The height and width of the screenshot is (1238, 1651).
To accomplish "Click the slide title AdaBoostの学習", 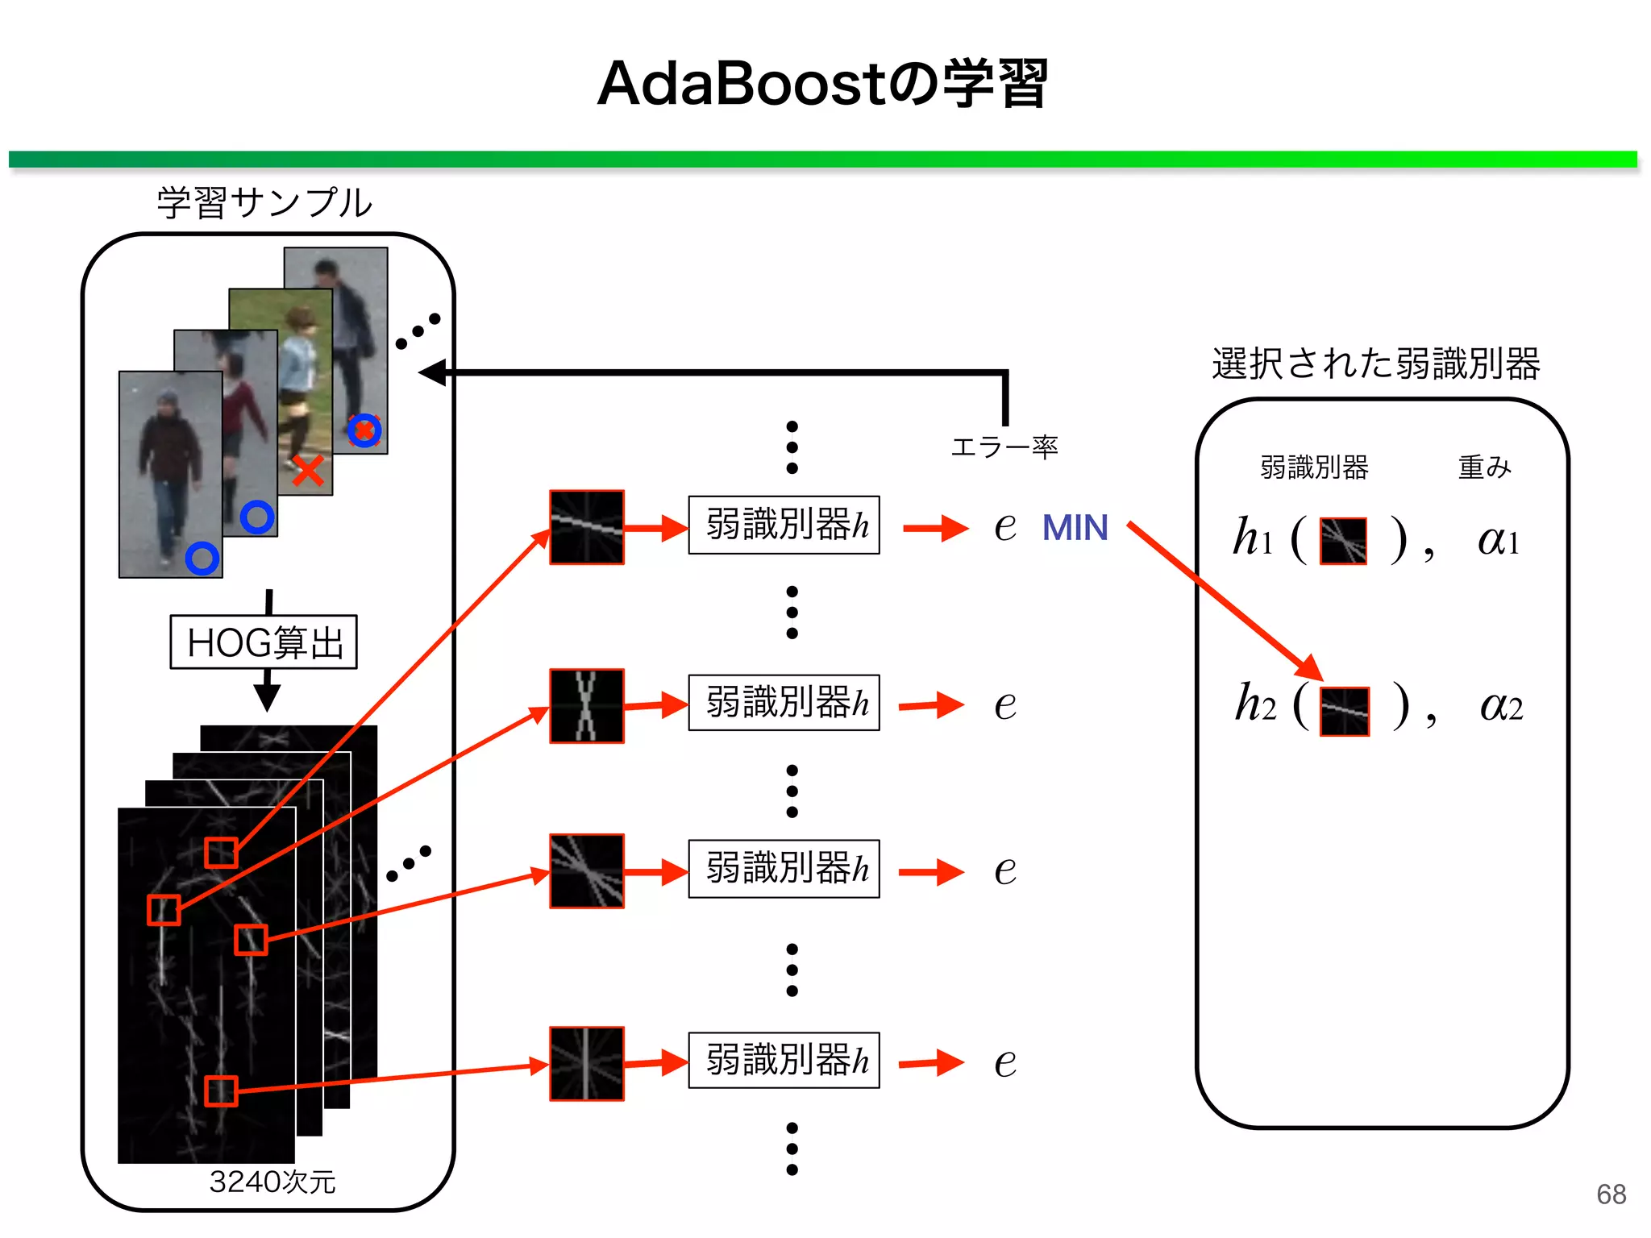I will click(x=822, y=84).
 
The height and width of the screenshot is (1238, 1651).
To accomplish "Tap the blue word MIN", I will click(x=1075, y=529).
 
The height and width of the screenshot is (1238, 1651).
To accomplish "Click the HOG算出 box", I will click(x=264, y=642).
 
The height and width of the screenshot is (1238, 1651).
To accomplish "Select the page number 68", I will click(x=1611, y=1194).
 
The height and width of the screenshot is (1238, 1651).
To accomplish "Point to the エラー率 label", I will click(x=1004, y=447).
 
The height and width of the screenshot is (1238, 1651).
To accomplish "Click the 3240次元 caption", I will click(x=272, y=1182).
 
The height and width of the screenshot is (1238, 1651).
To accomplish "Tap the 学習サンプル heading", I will click(x=264, y=202).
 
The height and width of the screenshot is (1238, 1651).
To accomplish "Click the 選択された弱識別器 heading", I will click(x=1376, y=364).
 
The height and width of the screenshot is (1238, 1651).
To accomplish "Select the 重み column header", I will click(x=1484, y=467).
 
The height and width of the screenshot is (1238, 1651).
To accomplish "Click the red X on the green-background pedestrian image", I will click(x=308, y=472).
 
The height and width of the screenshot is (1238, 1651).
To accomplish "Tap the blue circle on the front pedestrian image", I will click(x=202, y=558).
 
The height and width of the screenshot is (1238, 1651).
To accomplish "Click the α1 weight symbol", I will click(x=1499, y=540).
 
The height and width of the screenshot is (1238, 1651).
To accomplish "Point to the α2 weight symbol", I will click(x=1501, y=706).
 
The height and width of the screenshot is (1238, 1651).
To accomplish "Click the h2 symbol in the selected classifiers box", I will click(x=1255, y=704).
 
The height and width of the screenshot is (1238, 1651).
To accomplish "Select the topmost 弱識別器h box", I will click(x=784, y=525).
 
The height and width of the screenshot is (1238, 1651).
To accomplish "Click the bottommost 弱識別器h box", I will click(x=784, y=1061).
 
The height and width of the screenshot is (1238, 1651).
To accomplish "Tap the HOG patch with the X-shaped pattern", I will click(x=587, y=706).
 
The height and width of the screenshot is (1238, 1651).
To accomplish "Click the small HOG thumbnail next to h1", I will click(x=1343, y=541).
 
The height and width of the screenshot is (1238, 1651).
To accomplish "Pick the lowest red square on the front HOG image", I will click(x=221, y=1091).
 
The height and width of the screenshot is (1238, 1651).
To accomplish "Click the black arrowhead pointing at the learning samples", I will click(x=433, y=372).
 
